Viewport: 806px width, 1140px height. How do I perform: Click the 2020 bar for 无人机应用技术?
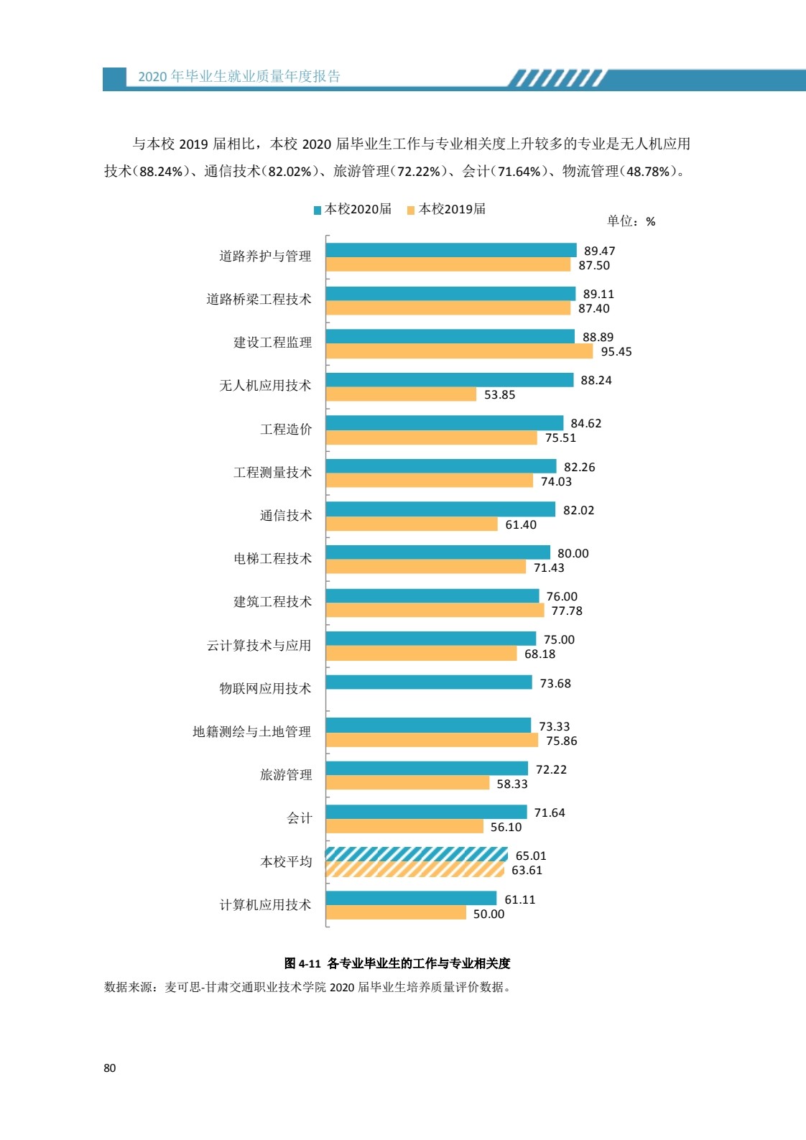coord(449,380)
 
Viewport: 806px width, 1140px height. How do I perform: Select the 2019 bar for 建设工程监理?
coord(459,351)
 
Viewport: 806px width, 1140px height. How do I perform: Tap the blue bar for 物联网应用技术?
coord(428,682)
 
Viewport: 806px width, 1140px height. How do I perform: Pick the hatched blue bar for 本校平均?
coord(417,855)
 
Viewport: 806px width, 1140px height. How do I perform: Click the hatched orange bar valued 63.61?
coord(414,870)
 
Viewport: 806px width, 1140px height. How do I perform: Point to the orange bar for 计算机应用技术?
coord(396,913)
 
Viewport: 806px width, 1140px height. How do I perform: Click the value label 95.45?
coord(616,352)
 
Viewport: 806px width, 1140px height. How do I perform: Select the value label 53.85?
coord(499,395)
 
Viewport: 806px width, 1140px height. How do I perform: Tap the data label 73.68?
coord(555,683)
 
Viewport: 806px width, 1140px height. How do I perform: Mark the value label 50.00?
coord(488,914)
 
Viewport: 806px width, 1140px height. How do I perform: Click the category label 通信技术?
coord(286,516)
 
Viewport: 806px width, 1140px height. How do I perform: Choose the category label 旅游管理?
coord(286,775)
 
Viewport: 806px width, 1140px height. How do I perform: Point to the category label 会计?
coord(300,818)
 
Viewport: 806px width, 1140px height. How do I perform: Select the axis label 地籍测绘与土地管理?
coord(251,732)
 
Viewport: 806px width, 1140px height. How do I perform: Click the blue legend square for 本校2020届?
coord(318,210)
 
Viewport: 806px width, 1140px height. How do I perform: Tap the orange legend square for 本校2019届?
coord(411,210)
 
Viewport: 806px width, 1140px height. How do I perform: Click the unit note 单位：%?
coord(631,221)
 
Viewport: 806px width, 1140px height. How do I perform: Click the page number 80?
coord(109,1068)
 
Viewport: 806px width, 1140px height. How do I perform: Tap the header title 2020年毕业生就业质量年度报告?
coord(239,77)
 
